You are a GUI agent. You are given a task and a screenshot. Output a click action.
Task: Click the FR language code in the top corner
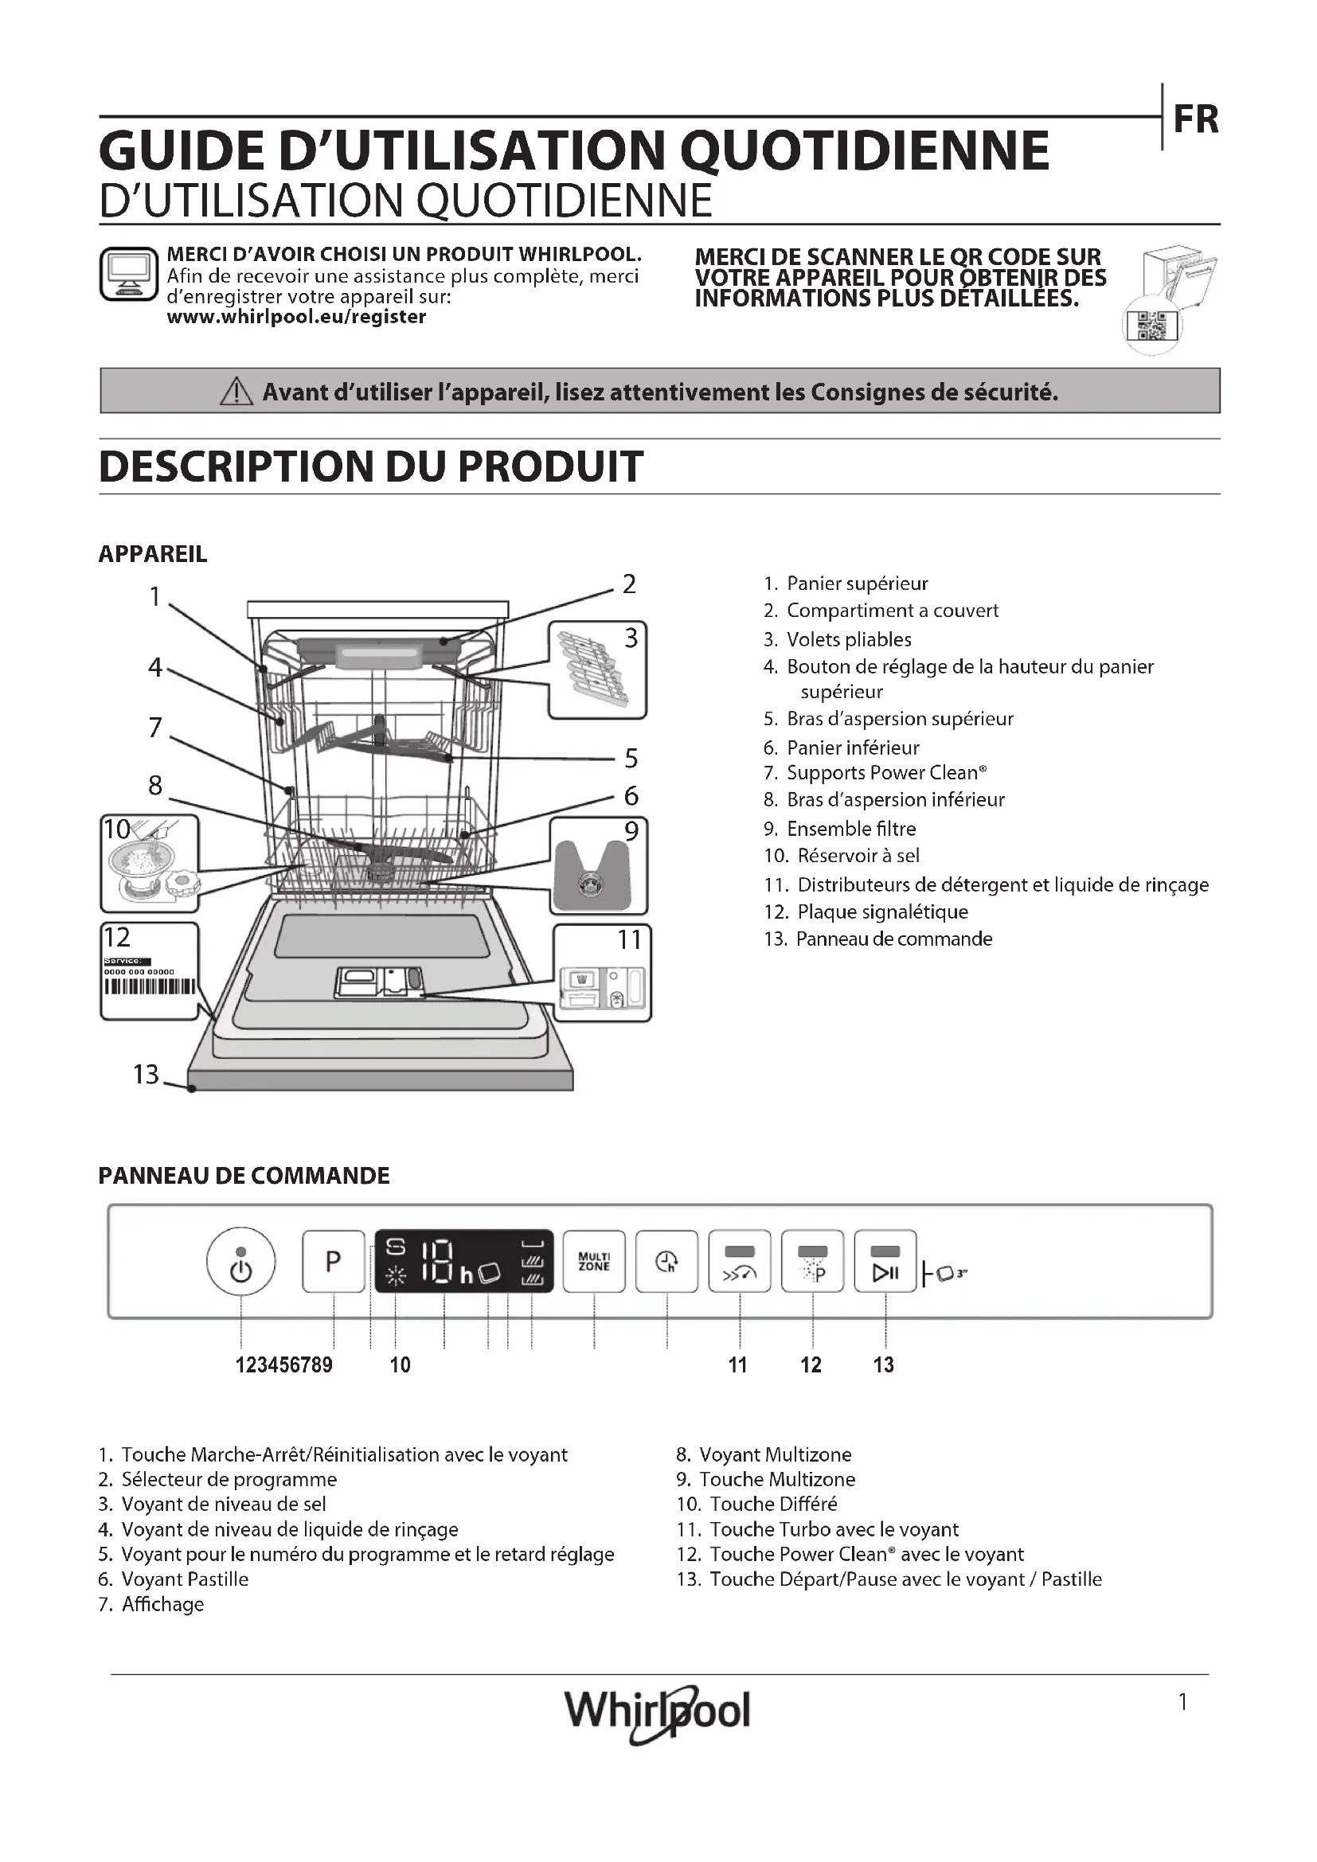click(x=1195, y=120)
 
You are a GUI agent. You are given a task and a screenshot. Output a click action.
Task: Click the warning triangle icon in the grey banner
click(x=236, y=392)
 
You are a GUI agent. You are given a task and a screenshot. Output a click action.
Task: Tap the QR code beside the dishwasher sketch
click(x=1151, y=326)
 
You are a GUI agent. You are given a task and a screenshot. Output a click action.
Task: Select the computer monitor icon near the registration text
click(x=128, y=274)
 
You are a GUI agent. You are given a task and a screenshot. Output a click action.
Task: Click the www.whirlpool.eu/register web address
click(x=296, y=317)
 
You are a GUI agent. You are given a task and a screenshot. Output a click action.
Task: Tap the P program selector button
click(x=334, y=1261)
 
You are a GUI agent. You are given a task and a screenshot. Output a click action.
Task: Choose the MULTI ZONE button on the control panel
click(x=594, y=1261)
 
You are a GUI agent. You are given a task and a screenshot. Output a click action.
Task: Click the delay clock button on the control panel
click(x=666, y=1261)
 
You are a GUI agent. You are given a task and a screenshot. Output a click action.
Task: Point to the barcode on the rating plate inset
click(x=149, y=986)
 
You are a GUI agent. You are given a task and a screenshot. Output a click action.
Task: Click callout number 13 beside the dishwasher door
click(x=146, y=1074)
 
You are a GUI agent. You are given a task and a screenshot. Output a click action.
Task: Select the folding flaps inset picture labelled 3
click(x=597, y=669)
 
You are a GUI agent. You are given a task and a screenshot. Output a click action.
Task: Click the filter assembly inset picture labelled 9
click(x=599, y=866)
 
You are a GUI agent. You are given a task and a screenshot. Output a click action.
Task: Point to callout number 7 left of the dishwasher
click(x=155, y=728)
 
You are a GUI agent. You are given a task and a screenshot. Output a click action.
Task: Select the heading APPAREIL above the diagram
click(x=152, y=554)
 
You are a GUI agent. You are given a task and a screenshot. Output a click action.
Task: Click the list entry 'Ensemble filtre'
click(x=850, y=828)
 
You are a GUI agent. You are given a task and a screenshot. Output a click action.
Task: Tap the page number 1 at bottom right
click(x=1182, y=1701)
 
